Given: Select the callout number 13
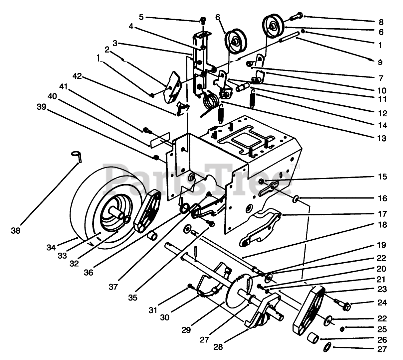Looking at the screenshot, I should [x=382, y=138].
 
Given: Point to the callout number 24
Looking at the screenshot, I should [x=382, y=303].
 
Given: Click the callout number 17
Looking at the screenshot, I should [x=382, y=213].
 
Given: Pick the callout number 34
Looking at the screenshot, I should [x=51, y=247].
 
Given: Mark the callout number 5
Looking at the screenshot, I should [x=141, y=17].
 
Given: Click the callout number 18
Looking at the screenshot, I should [x=382, y=225].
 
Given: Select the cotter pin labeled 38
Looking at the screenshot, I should [x=77, y=155].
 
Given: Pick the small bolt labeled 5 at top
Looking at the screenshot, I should [x=202, y=21].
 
